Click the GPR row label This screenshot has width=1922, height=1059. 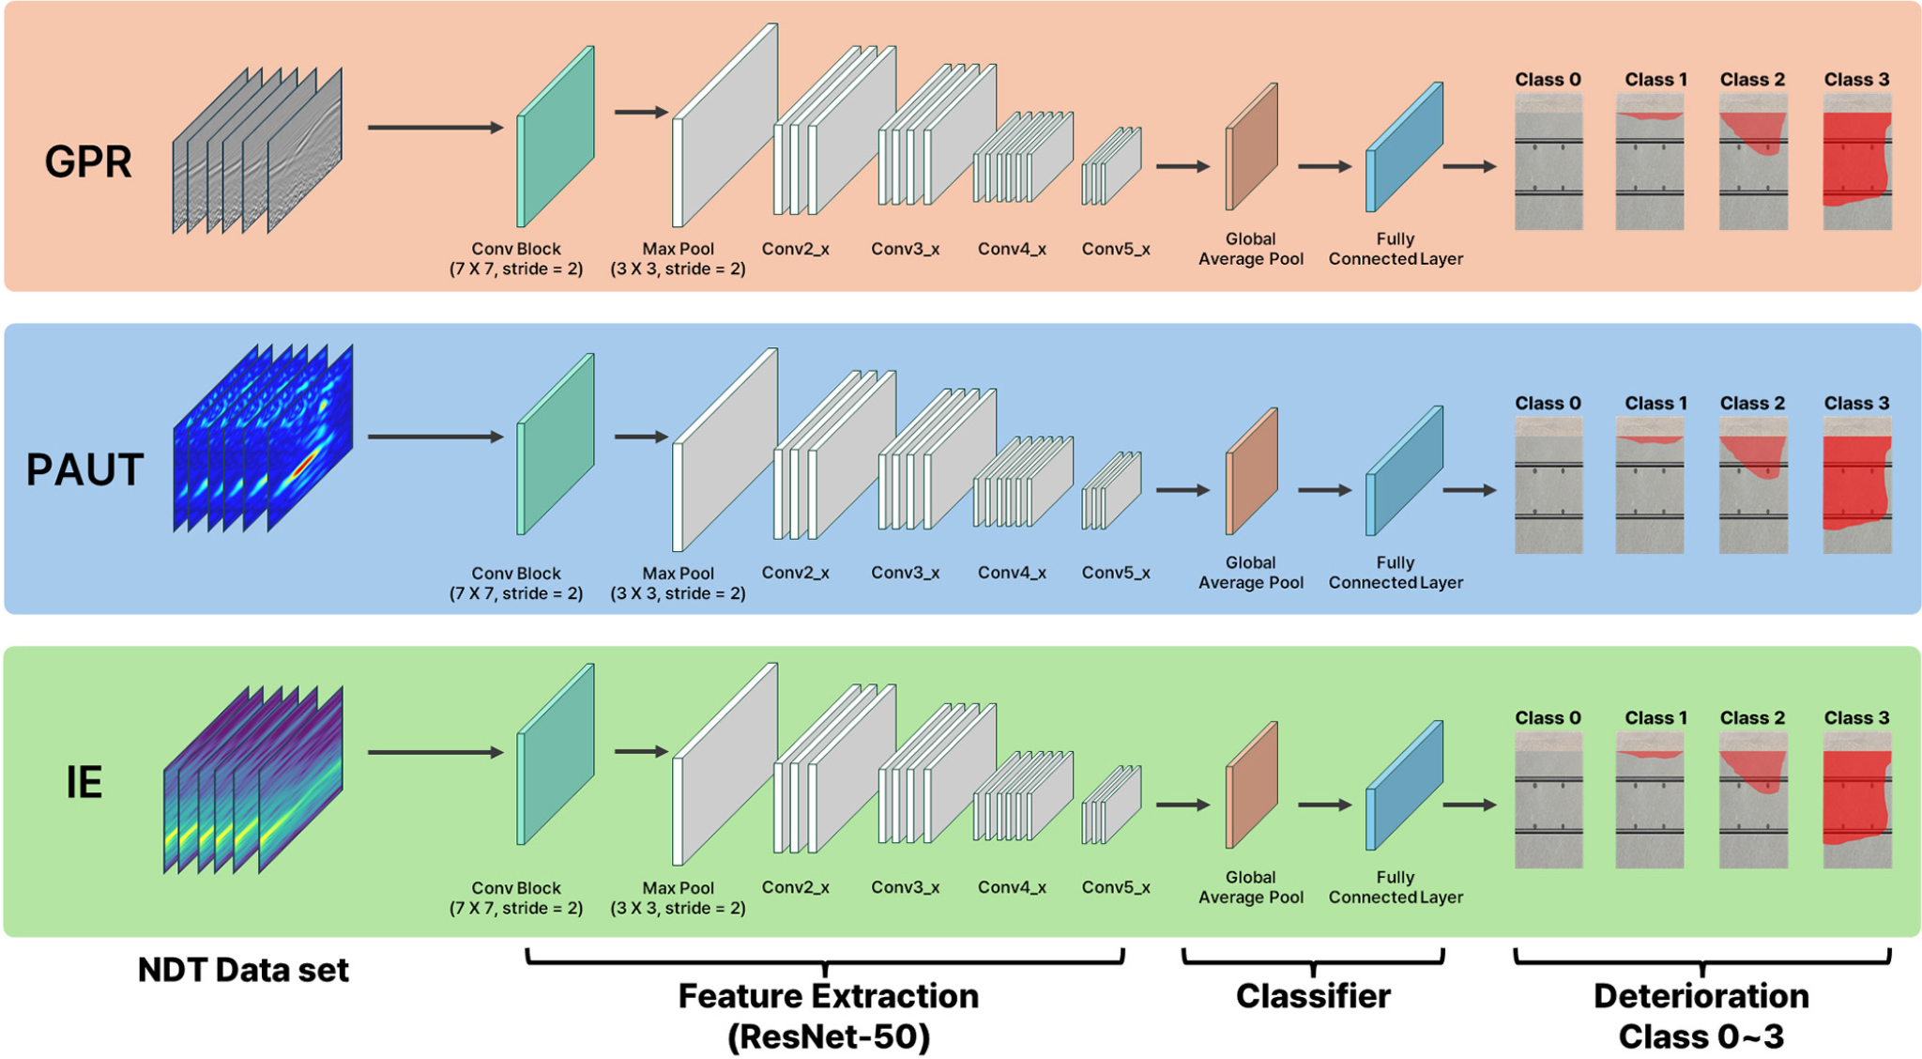(88, 161)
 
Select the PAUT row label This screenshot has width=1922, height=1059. (84, 469)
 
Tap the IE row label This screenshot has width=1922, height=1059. (84, 782)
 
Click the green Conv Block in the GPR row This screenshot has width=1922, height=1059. (556, 136)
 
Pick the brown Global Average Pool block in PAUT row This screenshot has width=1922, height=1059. (1252, 471)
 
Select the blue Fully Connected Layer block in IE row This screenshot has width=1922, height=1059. (1404, 785)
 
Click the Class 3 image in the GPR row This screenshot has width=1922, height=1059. (1857, 161)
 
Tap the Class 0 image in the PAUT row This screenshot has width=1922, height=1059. (1548, 485)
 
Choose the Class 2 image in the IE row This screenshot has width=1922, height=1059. (1753, 800)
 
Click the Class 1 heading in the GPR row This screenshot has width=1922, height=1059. (1655, 80)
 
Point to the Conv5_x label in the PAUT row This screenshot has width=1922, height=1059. (1116, 573)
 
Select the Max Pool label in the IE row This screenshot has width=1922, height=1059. (678, 888)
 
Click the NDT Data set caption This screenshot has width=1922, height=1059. (243, 970)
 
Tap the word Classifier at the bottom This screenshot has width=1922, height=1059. (1313, 996)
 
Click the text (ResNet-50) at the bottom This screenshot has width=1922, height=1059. (829, 1037)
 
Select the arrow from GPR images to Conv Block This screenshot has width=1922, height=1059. (435, 127)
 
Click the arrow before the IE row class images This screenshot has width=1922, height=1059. (1470, 805)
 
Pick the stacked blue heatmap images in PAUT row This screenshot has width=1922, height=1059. (263, 438)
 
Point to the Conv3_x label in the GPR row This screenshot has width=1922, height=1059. (905, 249)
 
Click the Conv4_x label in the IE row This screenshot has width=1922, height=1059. (1012, 887)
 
